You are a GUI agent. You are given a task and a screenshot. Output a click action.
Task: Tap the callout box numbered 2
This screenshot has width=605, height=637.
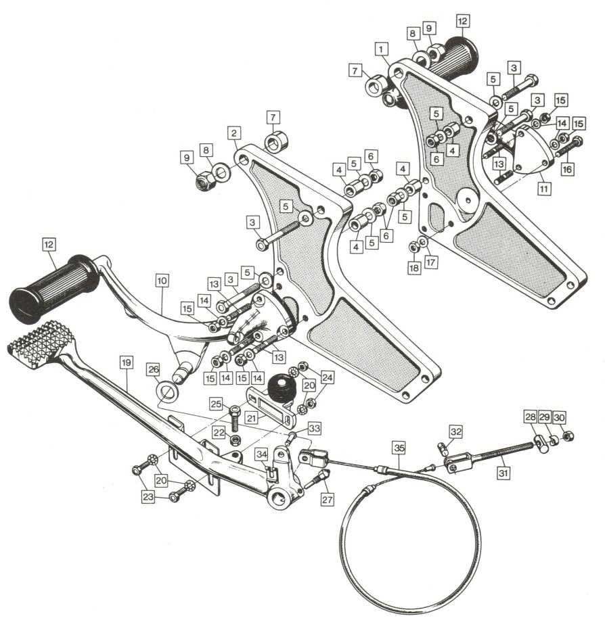(233, 133)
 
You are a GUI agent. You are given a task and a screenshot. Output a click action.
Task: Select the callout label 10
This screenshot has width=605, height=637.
(162, 281)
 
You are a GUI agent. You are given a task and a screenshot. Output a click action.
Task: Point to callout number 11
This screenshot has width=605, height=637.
(543, 189)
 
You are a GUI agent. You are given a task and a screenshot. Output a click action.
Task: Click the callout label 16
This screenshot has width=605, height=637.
(567, 169)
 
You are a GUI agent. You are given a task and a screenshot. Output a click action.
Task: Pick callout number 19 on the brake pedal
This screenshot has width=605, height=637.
(126, 362)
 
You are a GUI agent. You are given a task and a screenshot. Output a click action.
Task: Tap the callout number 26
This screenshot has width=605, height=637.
(154, 369)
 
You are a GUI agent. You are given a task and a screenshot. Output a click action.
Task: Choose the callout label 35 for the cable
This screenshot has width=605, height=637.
(399, 448)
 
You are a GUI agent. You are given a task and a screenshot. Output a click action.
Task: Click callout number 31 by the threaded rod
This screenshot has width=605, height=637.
(503, 473)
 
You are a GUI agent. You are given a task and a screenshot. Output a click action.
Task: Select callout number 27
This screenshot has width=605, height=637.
(328, 499)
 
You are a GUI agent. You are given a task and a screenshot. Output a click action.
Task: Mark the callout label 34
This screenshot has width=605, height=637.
(262, 454)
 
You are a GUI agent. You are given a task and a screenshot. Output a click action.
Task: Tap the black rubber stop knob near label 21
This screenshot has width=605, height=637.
(282, 389)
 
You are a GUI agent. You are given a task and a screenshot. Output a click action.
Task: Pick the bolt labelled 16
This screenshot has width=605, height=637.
(569, 148)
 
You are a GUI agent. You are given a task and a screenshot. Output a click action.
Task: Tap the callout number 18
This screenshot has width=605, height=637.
(414, 268)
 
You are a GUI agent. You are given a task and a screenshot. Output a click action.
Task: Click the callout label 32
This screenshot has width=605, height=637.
(456, 431)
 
